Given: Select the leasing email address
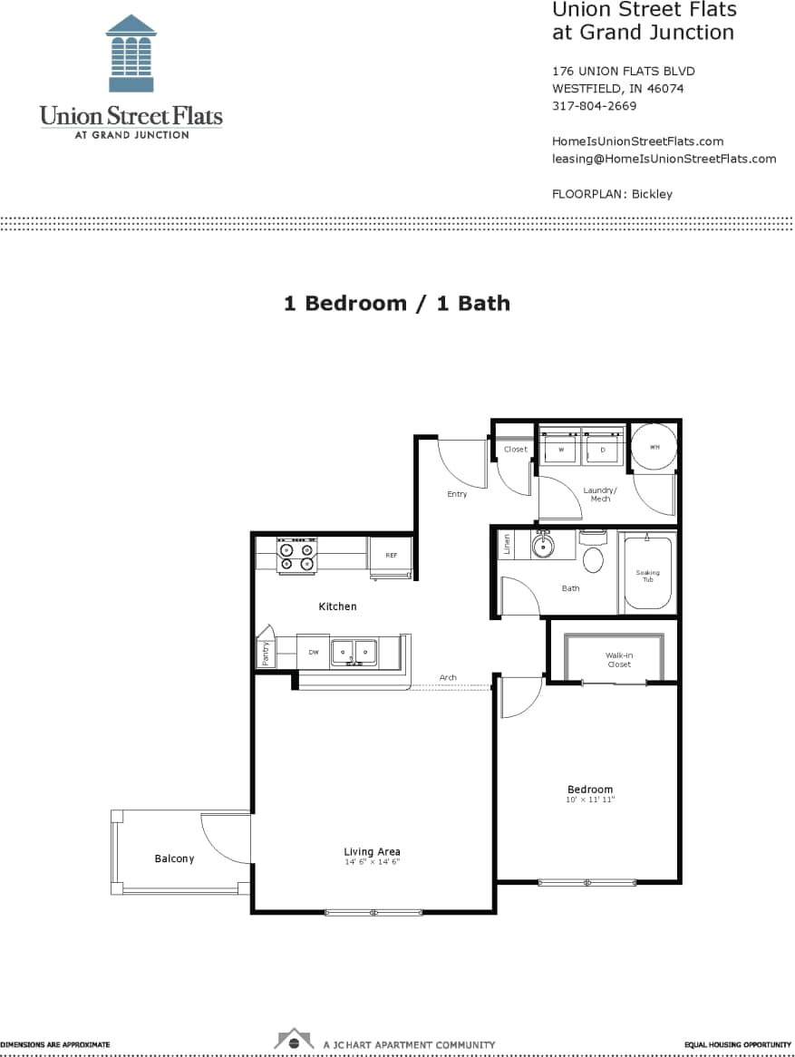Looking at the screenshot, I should (x=664, y=159).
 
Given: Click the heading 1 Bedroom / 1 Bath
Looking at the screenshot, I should (x=397, y=304).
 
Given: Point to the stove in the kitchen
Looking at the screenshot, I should (x=296, y=554).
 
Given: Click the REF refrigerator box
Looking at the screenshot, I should (x=391, y=555).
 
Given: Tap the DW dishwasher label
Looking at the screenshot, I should (x=314, y=652).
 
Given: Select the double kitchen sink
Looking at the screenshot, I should (x=354, y=651).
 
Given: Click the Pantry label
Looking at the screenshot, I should (x=266, y=654).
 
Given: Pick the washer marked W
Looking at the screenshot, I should (x=560, y=449).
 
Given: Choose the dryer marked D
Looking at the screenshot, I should (x=603, y=449).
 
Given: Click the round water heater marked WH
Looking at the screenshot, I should (x=654, y=447).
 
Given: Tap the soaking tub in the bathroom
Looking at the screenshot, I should (x=647, y=576).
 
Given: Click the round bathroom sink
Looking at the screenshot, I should (x=543, y=547).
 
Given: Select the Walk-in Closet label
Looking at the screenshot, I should (x=618, y=660).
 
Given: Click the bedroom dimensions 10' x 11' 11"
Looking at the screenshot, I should (x=590, y=800).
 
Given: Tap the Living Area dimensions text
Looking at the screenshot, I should (x=372, y=862).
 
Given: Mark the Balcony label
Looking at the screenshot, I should (x=174, y=858).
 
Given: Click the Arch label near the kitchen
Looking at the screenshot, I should (x=448, y=677).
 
